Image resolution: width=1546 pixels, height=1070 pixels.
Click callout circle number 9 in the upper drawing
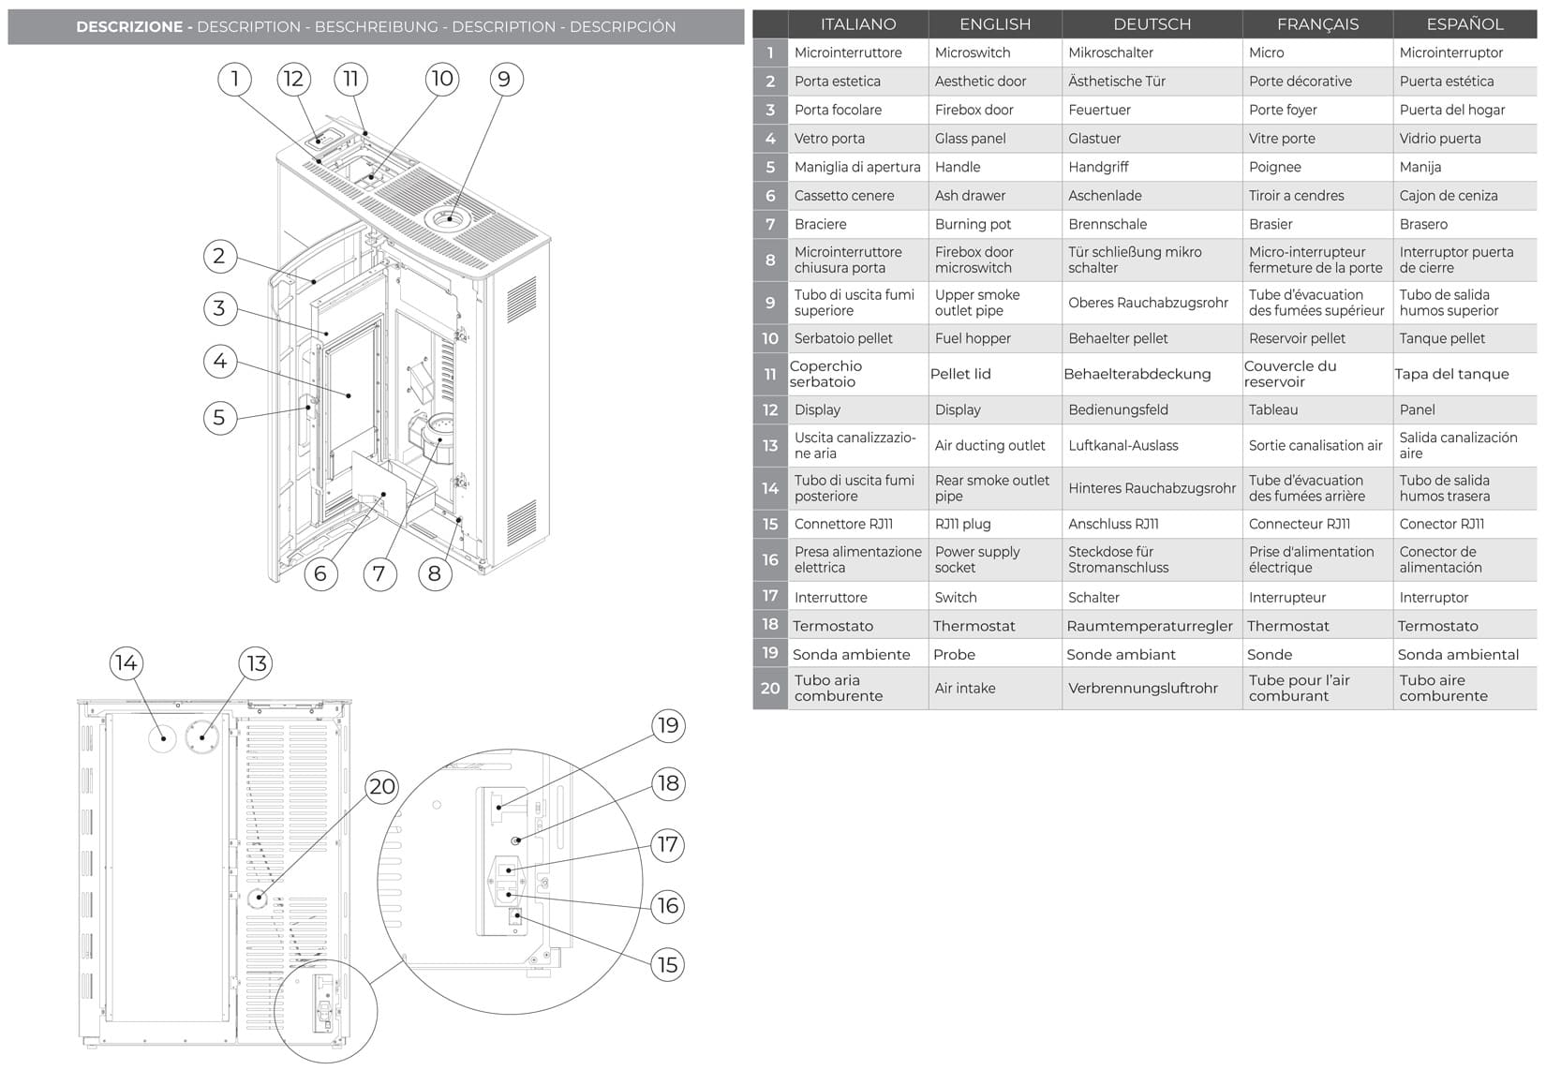pos(505,80)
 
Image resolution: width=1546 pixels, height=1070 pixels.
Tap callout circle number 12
pos(293,80)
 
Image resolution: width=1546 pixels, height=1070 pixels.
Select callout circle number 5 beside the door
pos(219,418)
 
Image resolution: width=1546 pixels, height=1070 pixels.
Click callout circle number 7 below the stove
pos(379,573)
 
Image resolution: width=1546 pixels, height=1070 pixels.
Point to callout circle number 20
pos(382,787)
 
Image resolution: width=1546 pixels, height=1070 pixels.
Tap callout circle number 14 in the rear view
pos(126,664)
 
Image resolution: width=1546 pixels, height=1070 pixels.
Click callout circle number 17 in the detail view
pos(667,845)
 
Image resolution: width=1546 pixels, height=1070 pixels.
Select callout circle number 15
pos(667,965)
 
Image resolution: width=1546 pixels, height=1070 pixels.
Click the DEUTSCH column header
pos(1152,24)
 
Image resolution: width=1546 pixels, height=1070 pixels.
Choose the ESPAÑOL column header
pos(1464,24)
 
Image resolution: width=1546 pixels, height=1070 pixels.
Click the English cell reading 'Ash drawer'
pos(970,196)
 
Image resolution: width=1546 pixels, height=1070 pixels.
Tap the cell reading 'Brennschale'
pos(1107,225)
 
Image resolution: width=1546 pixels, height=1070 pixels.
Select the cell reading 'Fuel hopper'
pos(973,338)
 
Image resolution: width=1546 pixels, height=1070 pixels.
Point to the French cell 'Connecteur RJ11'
pos(1299,525)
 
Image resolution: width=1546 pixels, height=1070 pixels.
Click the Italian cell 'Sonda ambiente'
pos(851,655)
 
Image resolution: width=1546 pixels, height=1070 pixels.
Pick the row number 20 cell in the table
pos(770,689)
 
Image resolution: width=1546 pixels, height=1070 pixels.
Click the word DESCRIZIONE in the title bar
pos(129,27)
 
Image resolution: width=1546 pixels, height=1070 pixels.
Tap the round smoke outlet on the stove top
pos(450,219)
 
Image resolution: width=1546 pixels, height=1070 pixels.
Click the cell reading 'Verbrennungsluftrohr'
pos(1143,689)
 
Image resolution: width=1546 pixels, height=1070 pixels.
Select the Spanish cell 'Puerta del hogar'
pos(1452,111)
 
